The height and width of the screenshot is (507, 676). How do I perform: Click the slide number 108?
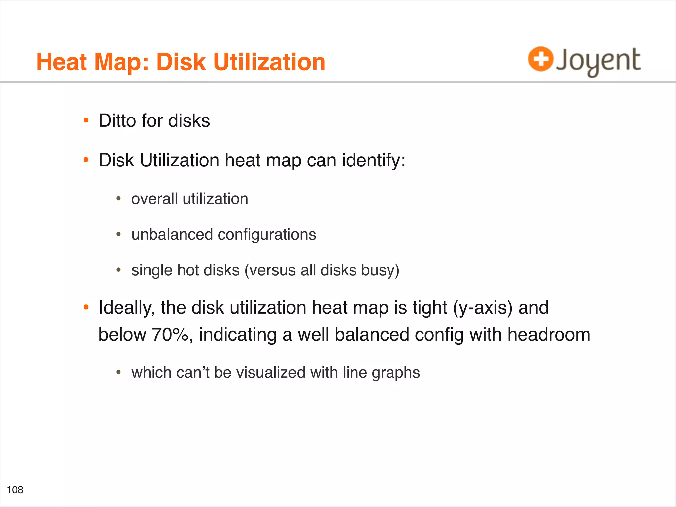pyautogui.click(x=15, y=490)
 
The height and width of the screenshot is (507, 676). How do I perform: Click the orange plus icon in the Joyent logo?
pyautogui.click(x=540, y=59)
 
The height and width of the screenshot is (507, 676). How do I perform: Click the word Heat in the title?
pyautogui.click(x=62, y=62)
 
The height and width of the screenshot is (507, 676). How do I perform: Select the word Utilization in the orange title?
pyautogui.click(x=269, y=62)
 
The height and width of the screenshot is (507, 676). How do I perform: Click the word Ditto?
pyautogui.click(x=118, y=120)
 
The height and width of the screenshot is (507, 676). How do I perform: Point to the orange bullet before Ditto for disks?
pyautogui.click(x=86, y=120)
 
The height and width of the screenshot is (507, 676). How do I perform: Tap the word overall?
pyautogui.click(x=154, y=199)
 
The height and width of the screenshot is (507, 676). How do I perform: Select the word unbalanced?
pyautogui.click(x=172, y=235)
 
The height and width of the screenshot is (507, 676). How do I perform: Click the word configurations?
pyautogui.click(x=267, y=235)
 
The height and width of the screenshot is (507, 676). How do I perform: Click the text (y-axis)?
pyautogui.click(x=483, y=308)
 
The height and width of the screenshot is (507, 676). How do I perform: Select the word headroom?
pyautogui.click(x=549, y=335)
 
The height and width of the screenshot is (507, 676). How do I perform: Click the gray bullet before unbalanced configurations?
pyautogui.click(x=119, y=235)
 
